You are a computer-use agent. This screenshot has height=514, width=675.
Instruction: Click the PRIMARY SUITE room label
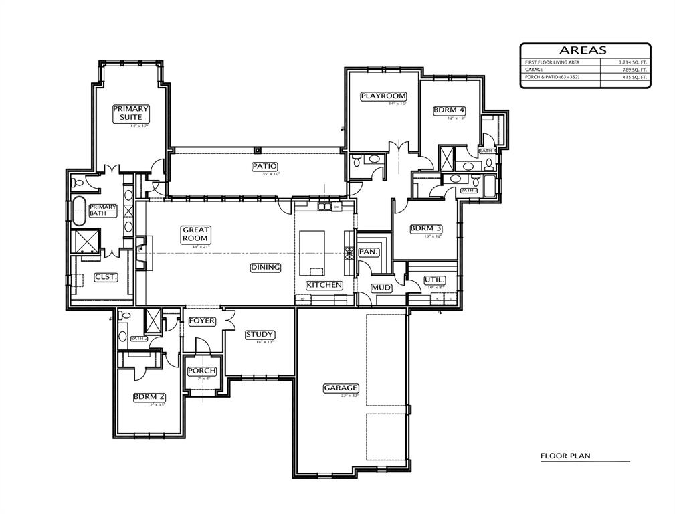pyautogui.click(x=130, y=113)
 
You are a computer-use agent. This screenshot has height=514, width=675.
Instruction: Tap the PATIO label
pyautogui.click(x=265, y=166)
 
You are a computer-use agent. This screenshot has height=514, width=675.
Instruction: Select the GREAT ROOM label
pyautogui.click(x=196, y=234)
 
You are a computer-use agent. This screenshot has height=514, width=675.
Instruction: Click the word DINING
pyautogui.click(x=266, y=267)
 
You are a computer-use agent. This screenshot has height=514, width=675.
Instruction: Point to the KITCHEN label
pyautogui.click(x=324, y=285)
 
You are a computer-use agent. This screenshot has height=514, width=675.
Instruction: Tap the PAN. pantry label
pyautogui.click(x=369, y=252)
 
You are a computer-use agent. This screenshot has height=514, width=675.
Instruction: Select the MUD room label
pyautogui.click(x=381, y=288)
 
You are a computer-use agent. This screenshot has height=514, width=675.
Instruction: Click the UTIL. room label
pyautogui.click(x=434, y=279)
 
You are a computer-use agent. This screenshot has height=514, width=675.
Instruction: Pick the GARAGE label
pyautogui.click(x=341, y=388)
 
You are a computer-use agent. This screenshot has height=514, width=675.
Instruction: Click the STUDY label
pyautogui.click(x=260, y=334)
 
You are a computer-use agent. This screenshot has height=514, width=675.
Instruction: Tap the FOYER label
pyautogui.click(x=201, y=321)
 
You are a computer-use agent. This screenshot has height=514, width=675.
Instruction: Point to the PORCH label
pyautogui.click(x=201, y=371)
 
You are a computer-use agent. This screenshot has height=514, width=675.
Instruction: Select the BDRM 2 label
pyautogui.click(x=149, y=396)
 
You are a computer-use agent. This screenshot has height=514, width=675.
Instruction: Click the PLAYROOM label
pyautogui.click(x=383, y=96)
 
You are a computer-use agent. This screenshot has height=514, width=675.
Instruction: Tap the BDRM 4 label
pyautogui.click(x=449, y=110)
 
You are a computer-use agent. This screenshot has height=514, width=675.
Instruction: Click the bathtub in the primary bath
pyautogui.click(x=78, y=211)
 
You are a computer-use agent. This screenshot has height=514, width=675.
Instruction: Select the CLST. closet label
pyautogui.click(x=106, y=276)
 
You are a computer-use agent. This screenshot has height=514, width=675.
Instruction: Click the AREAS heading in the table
pyautogui.click(x=583, y=50)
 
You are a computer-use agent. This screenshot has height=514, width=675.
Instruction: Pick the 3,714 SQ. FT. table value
pyautogui.click(x=633, y=62)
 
